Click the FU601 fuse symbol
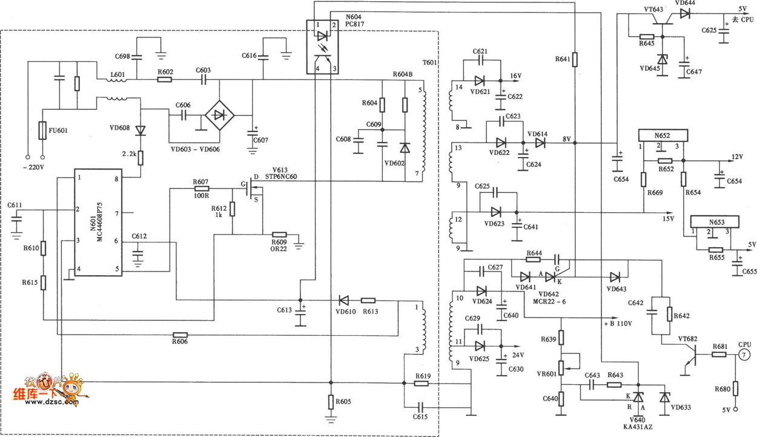click(42, 130)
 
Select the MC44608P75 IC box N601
click(98, 222)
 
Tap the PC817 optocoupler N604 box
click(323, 47)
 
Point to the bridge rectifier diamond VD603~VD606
click(220, 115)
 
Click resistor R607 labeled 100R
click(201, 188)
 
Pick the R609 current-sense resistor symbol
click(279, 235)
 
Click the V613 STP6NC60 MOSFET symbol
click(254, 188)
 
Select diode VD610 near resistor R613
click(344, 301)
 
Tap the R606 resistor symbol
click(180, 335)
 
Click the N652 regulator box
click(663, 135)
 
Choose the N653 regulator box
click(715, 222)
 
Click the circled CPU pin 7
click(744, 355)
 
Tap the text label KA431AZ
click(638, 427)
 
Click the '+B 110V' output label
click(618, 324)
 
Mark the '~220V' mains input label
click(33, 167)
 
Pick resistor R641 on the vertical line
click(575, 59)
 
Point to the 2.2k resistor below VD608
click(140, 158)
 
